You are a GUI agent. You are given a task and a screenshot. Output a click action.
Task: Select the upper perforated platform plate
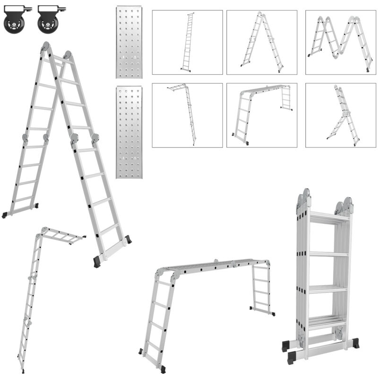coord(129,42)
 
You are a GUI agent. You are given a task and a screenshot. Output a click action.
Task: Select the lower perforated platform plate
coord(129,132)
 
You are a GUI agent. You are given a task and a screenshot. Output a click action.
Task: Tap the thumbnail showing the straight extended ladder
coord(187,42)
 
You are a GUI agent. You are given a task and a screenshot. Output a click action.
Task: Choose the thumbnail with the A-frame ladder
coord(262,42)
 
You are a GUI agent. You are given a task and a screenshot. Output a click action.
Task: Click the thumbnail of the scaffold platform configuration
coord(262,115)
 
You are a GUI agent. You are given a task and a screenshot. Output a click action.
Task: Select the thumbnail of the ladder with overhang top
coord(187,115)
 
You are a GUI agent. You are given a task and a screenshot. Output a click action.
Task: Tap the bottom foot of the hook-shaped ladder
coord(22,370)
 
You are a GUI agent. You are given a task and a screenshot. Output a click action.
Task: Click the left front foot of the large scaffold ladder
coord(163,369)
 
